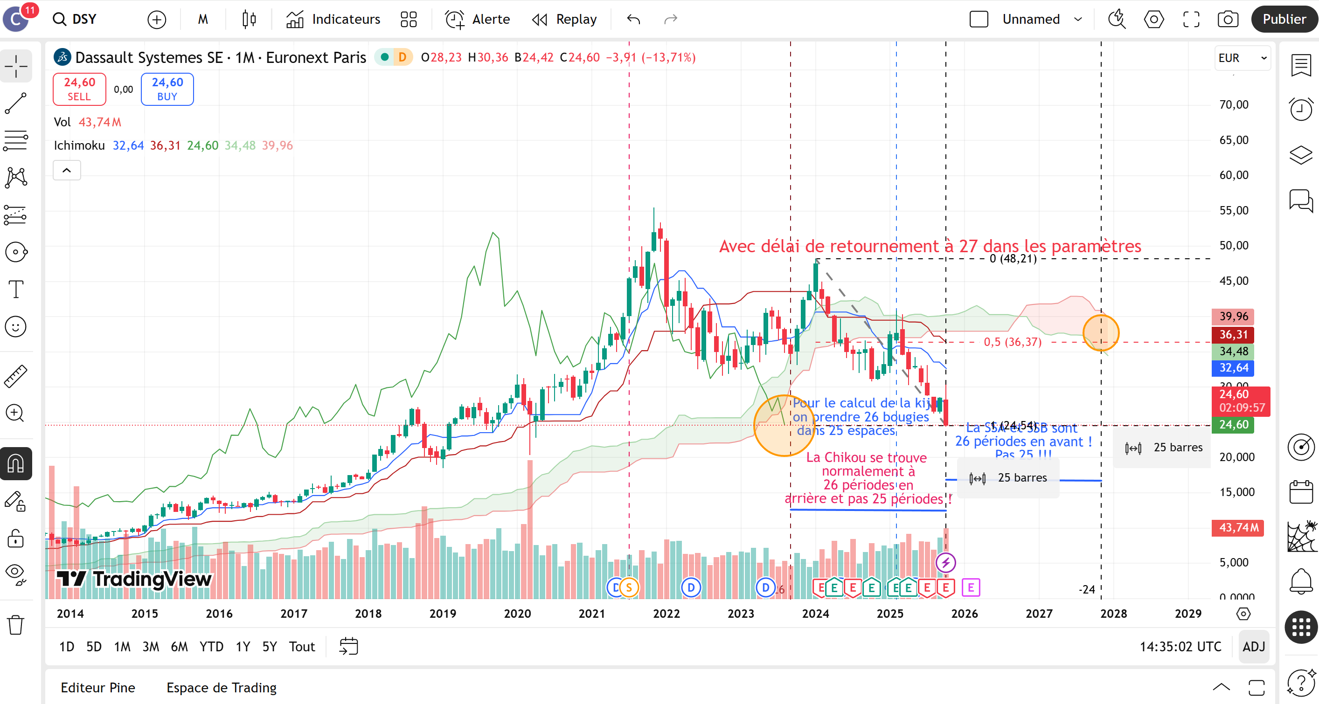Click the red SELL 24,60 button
click(x=79, y=89)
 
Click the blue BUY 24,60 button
click(x=167, y=89)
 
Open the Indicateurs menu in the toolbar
click(x=333, y=20)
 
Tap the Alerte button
click(x=477, y=20)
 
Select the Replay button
click(x=564, y=20)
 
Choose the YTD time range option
click(x=211, y=647)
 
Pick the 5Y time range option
click(x=269, y=647)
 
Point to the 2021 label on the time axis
click(x=591, y=614)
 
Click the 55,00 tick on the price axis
click(x=1234, y=210)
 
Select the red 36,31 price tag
click(x=1233, y=334)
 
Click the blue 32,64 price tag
click(x=1233, y=367)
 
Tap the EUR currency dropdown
click(x=1242, y=58)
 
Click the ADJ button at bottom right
click(x=1253, y=647)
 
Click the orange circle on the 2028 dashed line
click(x=1101, y=333)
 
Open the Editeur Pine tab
click(x=98, y=688)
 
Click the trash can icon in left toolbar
click(x=16, y=625)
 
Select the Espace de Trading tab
click(x=221, y=688)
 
